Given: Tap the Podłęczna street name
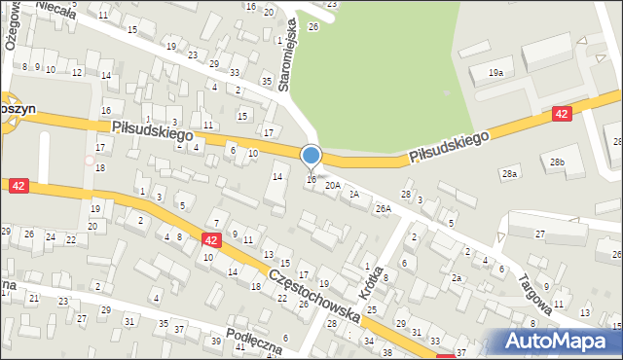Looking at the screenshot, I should (254, 340).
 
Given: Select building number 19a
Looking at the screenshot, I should (496, 73).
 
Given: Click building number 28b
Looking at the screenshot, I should (556, 162).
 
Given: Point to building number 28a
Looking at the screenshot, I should (510, 173).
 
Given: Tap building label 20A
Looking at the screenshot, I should (333, 185).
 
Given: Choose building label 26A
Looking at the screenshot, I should (384, 208).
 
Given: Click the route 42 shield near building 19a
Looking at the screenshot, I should (561, 114).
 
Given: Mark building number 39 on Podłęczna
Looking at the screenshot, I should (216, 341).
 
